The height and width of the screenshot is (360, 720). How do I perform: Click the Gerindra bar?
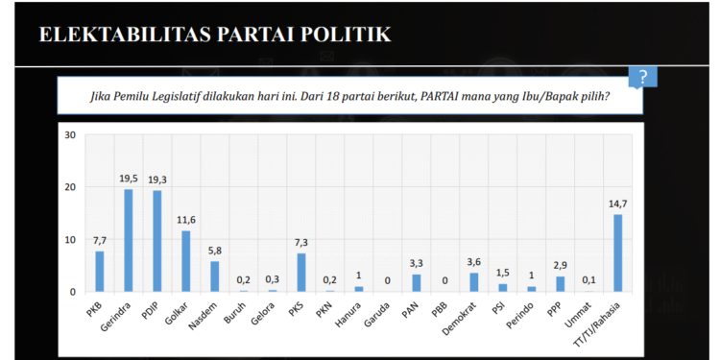tap(128, 240)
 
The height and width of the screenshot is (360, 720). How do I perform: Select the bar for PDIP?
tap(156, 241)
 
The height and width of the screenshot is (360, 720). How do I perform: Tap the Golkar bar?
tap(185, 261)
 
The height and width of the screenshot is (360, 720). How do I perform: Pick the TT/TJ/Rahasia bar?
tap(618, 252)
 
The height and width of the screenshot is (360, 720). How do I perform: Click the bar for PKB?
tap(99, 271)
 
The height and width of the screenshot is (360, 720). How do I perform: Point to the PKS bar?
tap(300, 272)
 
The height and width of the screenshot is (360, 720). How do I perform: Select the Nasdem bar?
tap(214, 276)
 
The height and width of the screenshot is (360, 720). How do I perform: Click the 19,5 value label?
tap(128, 179)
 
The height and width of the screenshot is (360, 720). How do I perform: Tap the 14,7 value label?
tap(618, 204)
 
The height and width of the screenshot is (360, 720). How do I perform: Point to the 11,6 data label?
tap(185, 220)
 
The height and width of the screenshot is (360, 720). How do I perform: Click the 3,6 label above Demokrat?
tap(474, 262)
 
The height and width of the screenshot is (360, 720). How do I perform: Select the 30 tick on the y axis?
tap(69, 134)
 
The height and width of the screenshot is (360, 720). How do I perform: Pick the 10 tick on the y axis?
tap(69, 239)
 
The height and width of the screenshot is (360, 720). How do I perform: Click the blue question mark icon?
tap(642, 78)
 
